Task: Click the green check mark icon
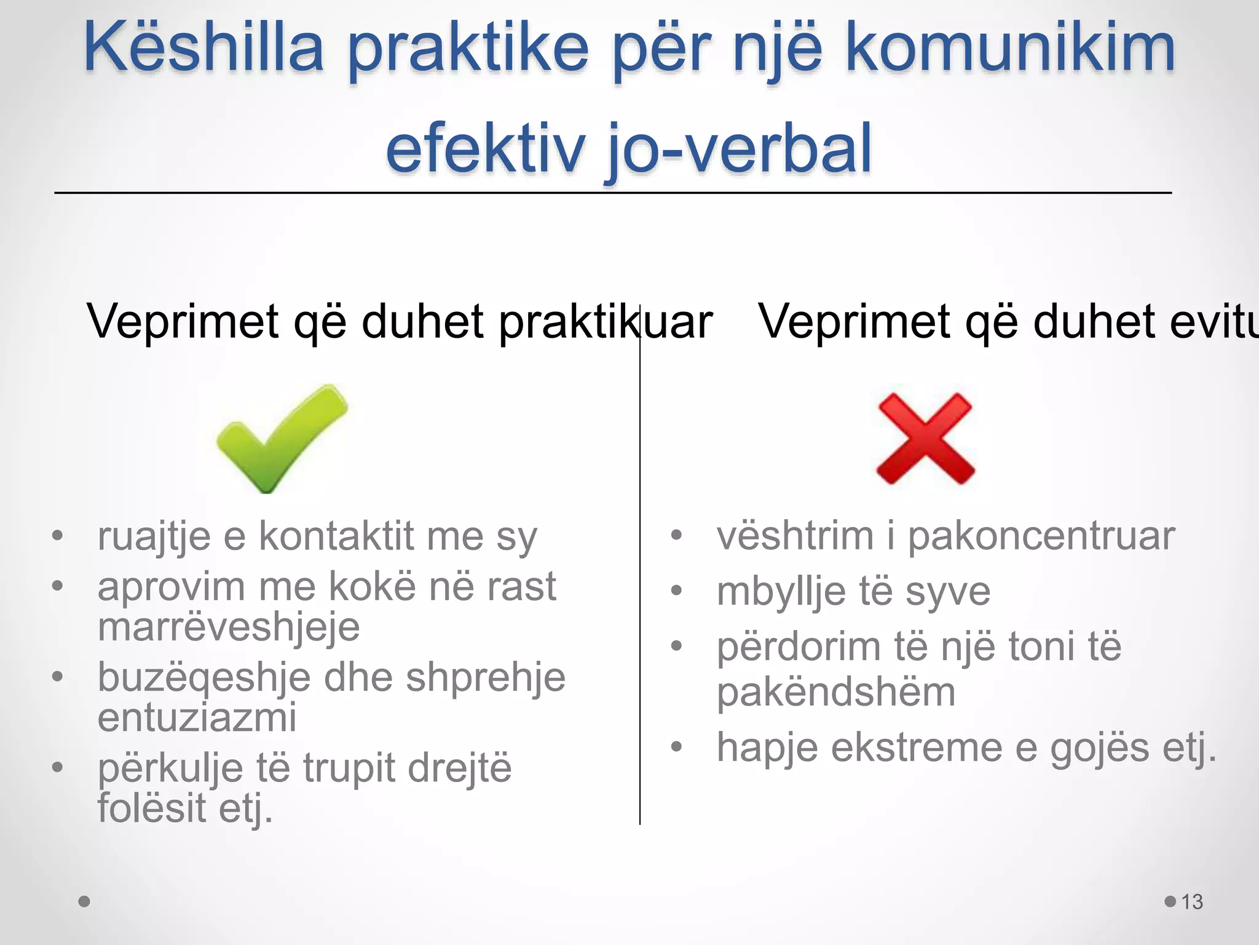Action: (x=282, y=438)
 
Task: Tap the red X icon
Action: (x=925, y=439)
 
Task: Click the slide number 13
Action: (x=1192, y=902)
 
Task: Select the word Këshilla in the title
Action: (x=203, y=48)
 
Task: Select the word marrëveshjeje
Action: (x=229, y=627)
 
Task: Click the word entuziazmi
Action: (x=197, y=717)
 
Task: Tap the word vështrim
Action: (x=795, y=536)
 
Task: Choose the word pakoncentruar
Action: (x=1041, y=536)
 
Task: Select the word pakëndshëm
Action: (x=836, y=692)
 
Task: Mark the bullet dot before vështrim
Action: (x=677, y=535)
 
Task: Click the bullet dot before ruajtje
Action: (x=58, y=535)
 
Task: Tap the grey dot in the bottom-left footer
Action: (x=85, y=902)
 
